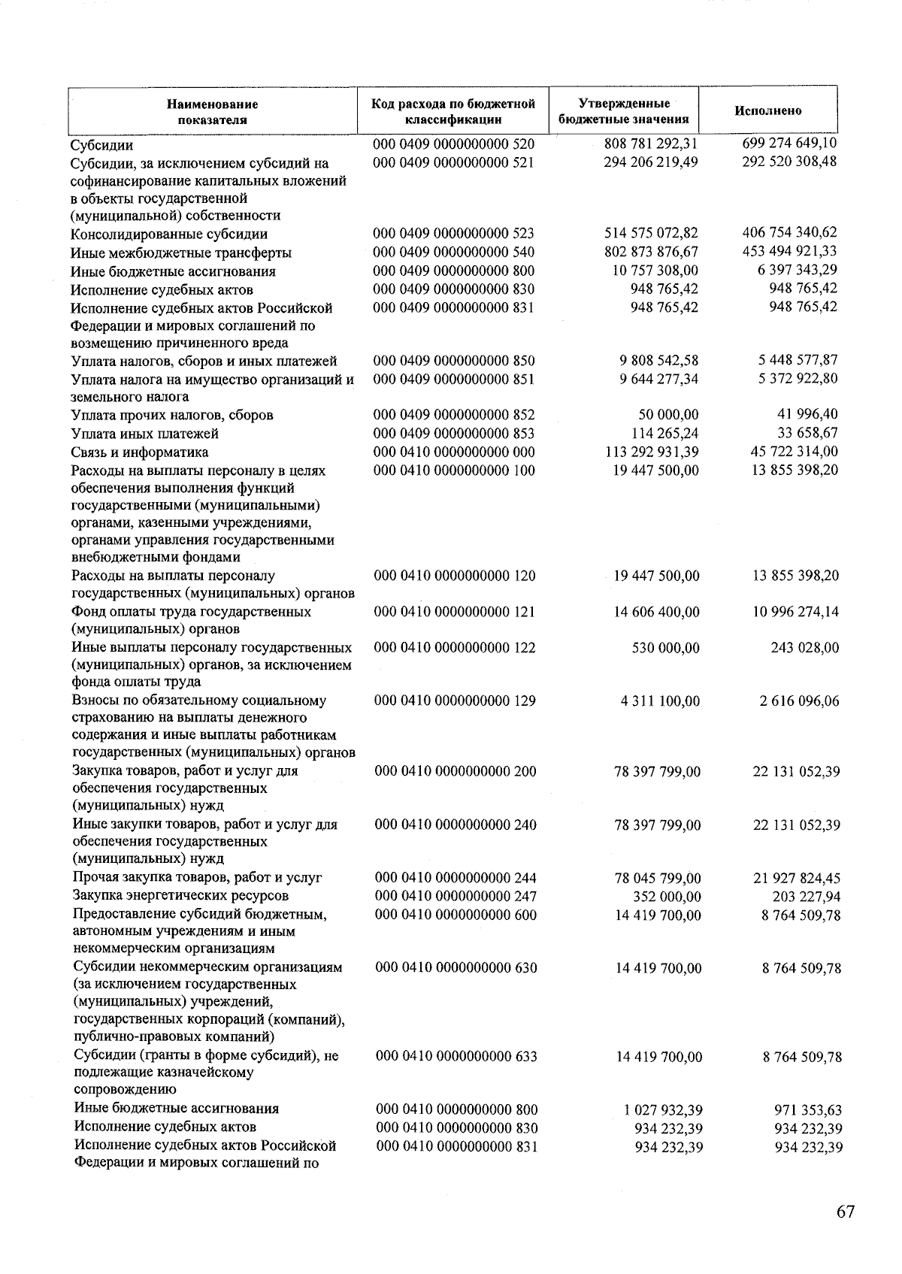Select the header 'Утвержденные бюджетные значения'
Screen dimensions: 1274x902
624,110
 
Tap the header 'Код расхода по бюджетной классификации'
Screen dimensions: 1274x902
453,110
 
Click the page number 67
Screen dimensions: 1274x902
845,1212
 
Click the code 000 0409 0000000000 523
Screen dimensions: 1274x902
453,233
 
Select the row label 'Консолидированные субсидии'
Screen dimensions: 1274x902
169,234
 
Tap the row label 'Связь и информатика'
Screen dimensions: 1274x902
140,452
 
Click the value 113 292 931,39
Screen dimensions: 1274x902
651,452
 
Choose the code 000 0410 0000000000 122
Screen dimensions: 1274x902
455,647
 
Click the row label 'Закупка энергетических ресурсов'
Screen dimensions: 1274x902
180,895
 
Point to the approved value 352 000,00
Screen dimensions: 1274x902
667,896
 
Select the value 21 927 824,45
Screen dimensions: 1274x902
797,878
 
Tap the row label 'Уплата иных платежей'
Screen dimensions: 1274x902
144,433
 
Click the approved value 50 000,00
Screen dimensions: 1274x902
666,415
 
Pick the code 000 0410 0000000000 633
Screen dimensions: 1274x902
456,1056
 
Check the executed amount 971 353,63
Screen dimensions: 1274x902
808,1109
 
